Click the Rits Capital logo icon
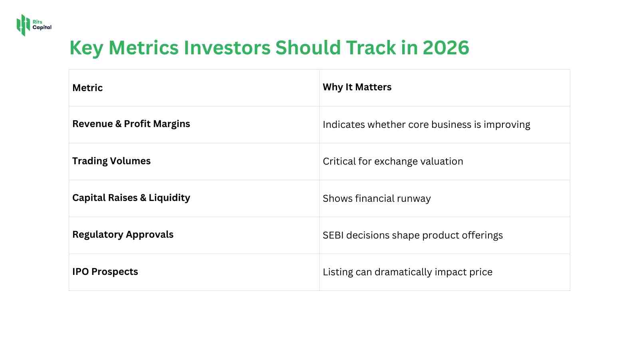click(x=23, y=25)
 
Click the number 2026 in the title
click(x=446, y=48)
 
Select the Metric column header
click(x=87, y=88)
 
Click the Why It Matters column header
click(x=357, y=87)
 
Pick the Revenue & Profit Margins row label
click(x=131, y=124)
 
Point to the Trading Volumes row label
click(x=111, y=161)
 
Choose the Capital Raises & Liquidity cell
click(x=131, y=198)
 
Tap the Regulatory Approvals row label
click(x=123, y=235)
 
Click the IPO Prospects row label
click(x=105, y=272)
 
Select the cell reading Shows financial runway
click(x=376, y=199)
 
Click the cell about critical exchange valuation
click(x=393, y=161)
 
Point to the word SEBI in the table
click(x=333, y=235)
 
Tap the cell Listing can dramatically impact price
click(x=407, y=272)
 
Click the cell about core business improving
click(x=426, y=125)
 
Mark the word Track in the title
click(x=371, y=48)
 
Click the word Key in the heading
click(x=86, y=48)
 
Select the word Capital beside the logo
click(x=42, y=28)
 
